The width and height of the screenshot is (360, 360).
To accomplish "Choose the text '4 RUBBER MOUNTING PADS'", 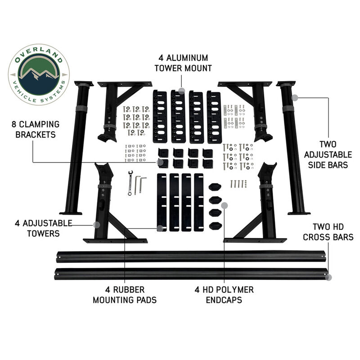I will point(125,294).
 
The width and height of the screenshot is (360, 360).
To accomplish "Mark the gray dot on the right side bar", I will point(294,97).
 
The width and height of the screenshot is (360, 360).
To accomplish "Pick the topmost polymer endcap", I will point(215,187).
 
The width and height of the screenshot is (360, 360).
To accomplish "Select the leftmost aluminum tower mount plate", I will point(159,116).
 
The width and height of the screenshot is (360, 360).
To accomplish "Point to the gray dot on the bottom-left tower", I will point(96,224).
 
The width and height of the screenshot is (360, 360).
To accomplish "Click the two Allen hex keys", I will point(140,183).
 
